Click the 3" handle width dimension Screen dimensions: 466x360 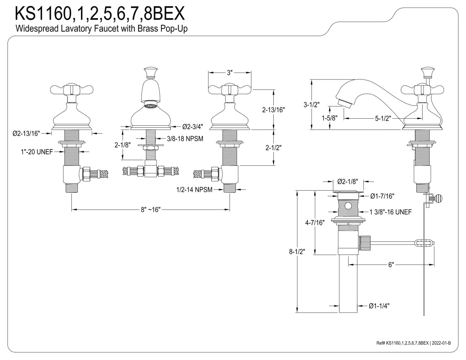click(x=230, y=73)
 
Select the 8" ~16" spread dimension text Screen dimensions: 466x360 click(x=151, y=209)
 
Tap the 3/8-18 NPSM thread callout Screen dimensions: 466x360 click(x=185, y=139)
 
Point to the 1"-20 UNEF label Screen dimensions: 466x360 click(x=37, y=152)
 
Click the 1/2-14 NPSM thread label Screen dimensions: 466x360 click(x=194, y=189)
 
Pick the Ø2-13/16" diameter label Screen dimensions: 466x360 click(x=26, y=134)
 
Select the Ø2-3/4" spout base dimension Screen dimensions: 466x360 click(x=193, y=127)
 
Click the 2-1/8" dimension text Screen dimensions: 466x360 click(x=122, y=145)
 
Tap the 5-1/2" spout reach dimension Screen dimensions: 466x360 click(x=383, y=118)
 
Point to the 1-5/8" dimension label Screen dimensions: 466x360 click(x=330, y=118)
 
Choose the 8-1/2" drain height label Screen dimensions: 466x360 click(x=297, y=252)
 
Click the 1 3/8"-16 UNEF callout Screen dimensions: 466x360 click(x=391, y=212)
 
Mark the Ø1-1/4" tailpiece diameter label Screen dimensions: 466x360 click(x=379, y=306)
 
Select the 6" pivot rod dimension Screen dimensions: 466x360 click(x=391, y=265)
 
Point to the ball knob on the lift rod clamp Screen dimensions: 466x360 click(x=438, y=198)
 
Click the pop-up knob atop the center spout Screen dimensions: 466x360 click(x=151, y=73)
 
